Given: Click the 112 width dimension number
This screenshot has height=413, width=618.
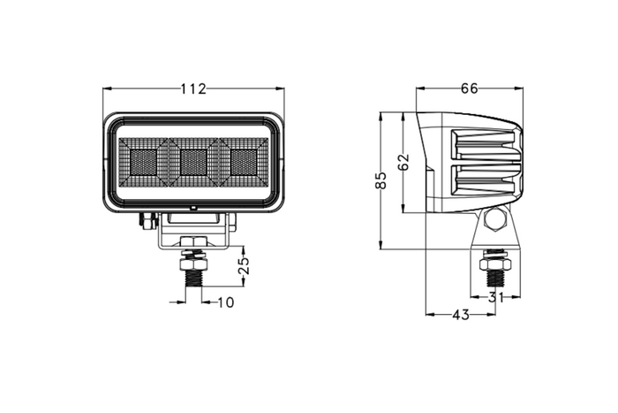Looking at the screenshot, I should tap(193, 88).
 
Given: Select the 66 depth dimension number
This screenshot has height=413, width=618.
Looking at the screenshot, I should tap(469, 88).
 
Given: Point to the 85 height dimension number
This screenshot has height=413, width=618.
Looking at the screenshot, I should tap(381, 181).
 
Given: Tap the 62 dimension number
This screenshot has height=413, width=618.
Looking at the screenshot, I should tap(403, 164).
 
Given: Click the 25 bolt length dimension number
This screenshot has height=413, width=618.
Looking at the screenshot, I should tap(245, 264).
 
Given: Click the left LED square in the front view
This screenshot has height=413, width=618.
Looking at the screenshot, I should tap(142, 161).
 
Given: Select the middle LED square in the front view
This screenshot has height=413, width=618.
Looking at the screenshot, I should tap(193, 161).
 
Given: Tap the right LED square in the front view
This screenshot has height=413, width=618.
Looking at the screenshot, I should tap(244, 161).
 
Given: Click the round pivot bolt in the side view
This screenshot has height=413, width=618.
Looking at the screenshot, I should tap(494, 220).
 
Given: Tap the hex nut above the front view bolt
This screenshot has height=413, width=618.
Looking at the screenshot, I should tap(192, 262).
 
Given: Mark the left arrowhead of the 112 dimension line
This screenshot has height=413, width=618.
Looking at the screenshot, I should tap(107, 88).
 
